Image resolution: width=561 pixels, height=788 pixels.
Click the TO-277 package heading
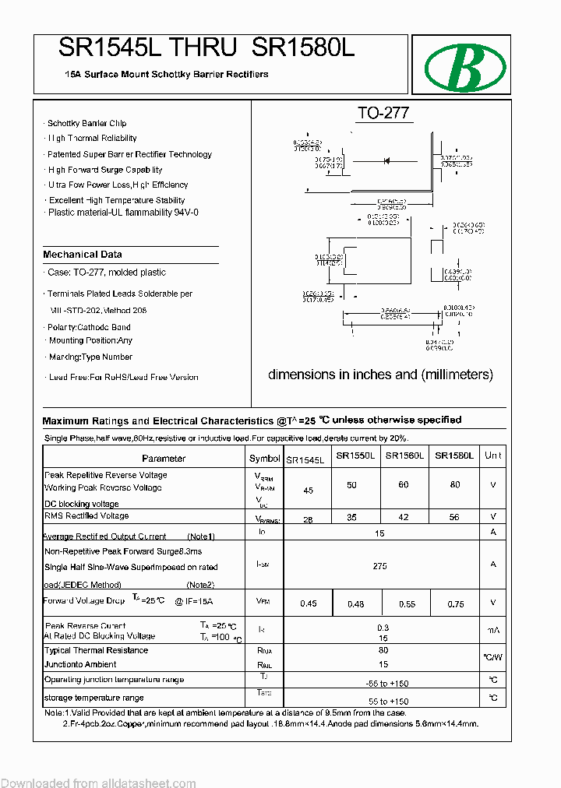[383, 114]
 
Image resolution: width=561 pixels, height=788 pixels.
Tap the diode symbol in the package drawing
[386, 160]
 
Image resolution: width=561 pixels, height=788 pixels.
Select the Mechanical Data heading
[83, 255]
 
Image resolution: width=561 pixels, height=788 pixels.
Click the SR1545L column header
[307, 459]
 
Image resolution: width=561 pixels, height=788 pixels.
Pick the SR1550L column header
[355, 456]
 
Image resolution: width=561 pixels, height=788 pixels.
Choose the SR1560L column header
[404, 456]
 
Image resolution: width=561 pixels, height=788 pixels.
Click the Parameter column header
[164, 459]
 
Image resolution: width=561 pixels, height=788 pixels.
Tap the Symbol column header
[264, 459]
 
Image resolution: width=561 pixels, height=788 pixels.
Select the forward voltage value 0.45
[309, 603]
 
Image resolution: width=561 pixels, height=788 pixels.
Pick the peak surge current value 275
[379, 566]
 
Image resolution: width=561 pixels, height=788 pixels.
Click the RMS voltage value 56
[455, 517]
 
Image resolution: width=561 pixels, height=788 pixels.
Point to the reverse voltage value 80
[455, 485]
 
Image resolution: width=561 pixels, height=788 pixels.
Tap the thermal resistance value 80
[383, 649]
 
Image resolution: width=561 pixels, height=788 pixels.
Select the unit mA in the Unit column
[492, 630]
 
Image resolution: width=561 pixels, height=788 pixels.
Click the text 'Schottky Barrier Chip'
[86, 123]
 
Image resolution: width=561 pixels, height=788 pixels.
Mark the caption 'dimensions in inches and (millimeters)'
[380, 375]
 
